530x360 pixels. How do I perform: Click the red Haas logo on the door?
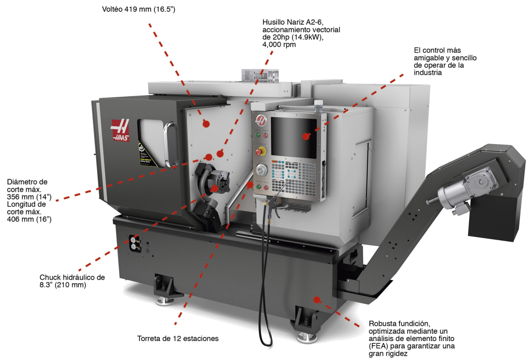[x=120, y=130]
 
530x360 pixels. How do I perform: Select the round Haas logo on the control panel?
[x=260, y=120]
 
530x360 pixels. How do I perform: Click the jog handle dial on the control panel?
[x=262, y=170]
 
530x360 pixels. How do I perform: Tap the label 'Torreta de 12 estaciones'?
[x=178, y=338]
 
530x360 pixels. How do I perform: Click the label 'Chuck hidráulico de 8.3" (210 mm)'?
[x=72, y=281]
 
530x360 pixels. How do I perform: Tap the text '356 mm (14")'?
[x=29, y=196]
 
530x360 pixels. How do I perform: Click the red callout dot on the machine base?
[x=317, y=300]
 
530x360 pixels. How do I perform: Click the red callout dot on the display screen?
[x=306, y=136]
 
